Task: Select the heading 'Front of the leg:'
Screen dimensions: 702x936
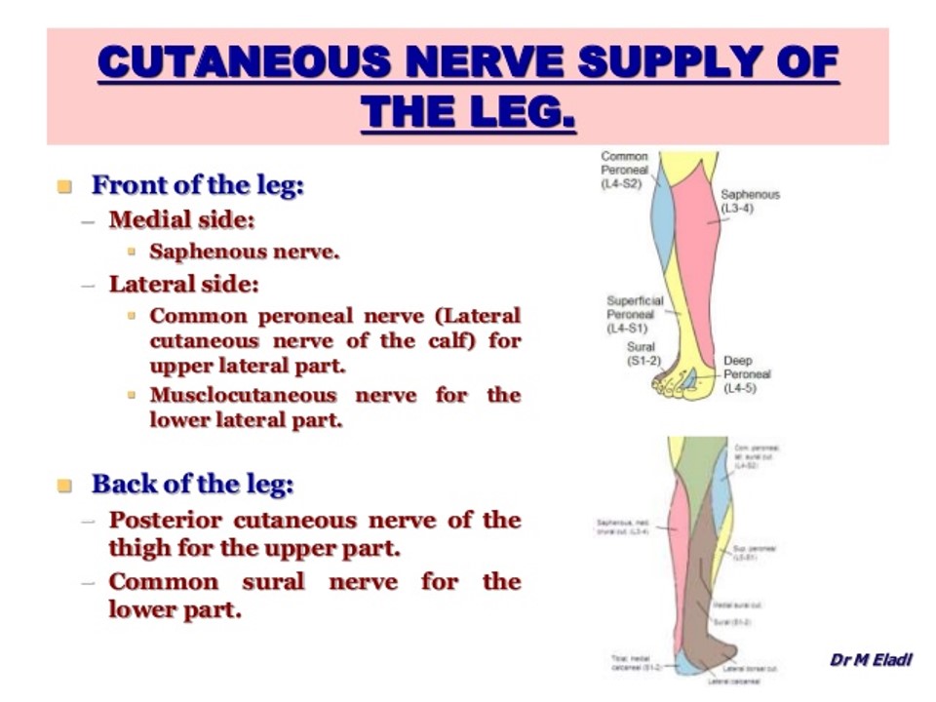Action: point(197,184)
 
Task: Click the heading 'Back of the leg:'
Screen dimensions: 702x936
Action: point(192,484)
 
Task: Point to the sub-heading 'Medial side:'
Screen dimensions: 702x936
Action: point(181,219)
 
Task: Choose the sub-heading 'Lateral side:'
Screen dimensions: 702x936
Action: point(183,285)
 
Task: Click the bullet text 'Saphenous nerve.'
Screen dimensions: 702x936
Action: point(244,252)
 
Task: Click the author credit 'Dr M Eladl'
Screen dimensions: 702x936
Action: point(871,660)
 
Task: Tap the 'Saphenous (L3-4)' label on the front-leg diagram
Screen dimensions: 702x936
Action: point(750,202)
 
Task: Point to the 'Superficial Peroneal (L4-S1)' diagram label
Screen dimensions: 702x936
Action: point(634,315)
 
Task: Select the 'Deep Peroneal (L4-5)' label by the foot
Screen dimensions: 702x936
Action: point(747,374)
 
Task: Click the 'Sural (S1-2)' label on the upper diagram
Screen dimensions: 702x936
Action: point(643,354)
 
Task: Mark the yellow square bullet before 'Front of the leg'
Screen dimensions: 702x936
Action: point(65,185)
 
